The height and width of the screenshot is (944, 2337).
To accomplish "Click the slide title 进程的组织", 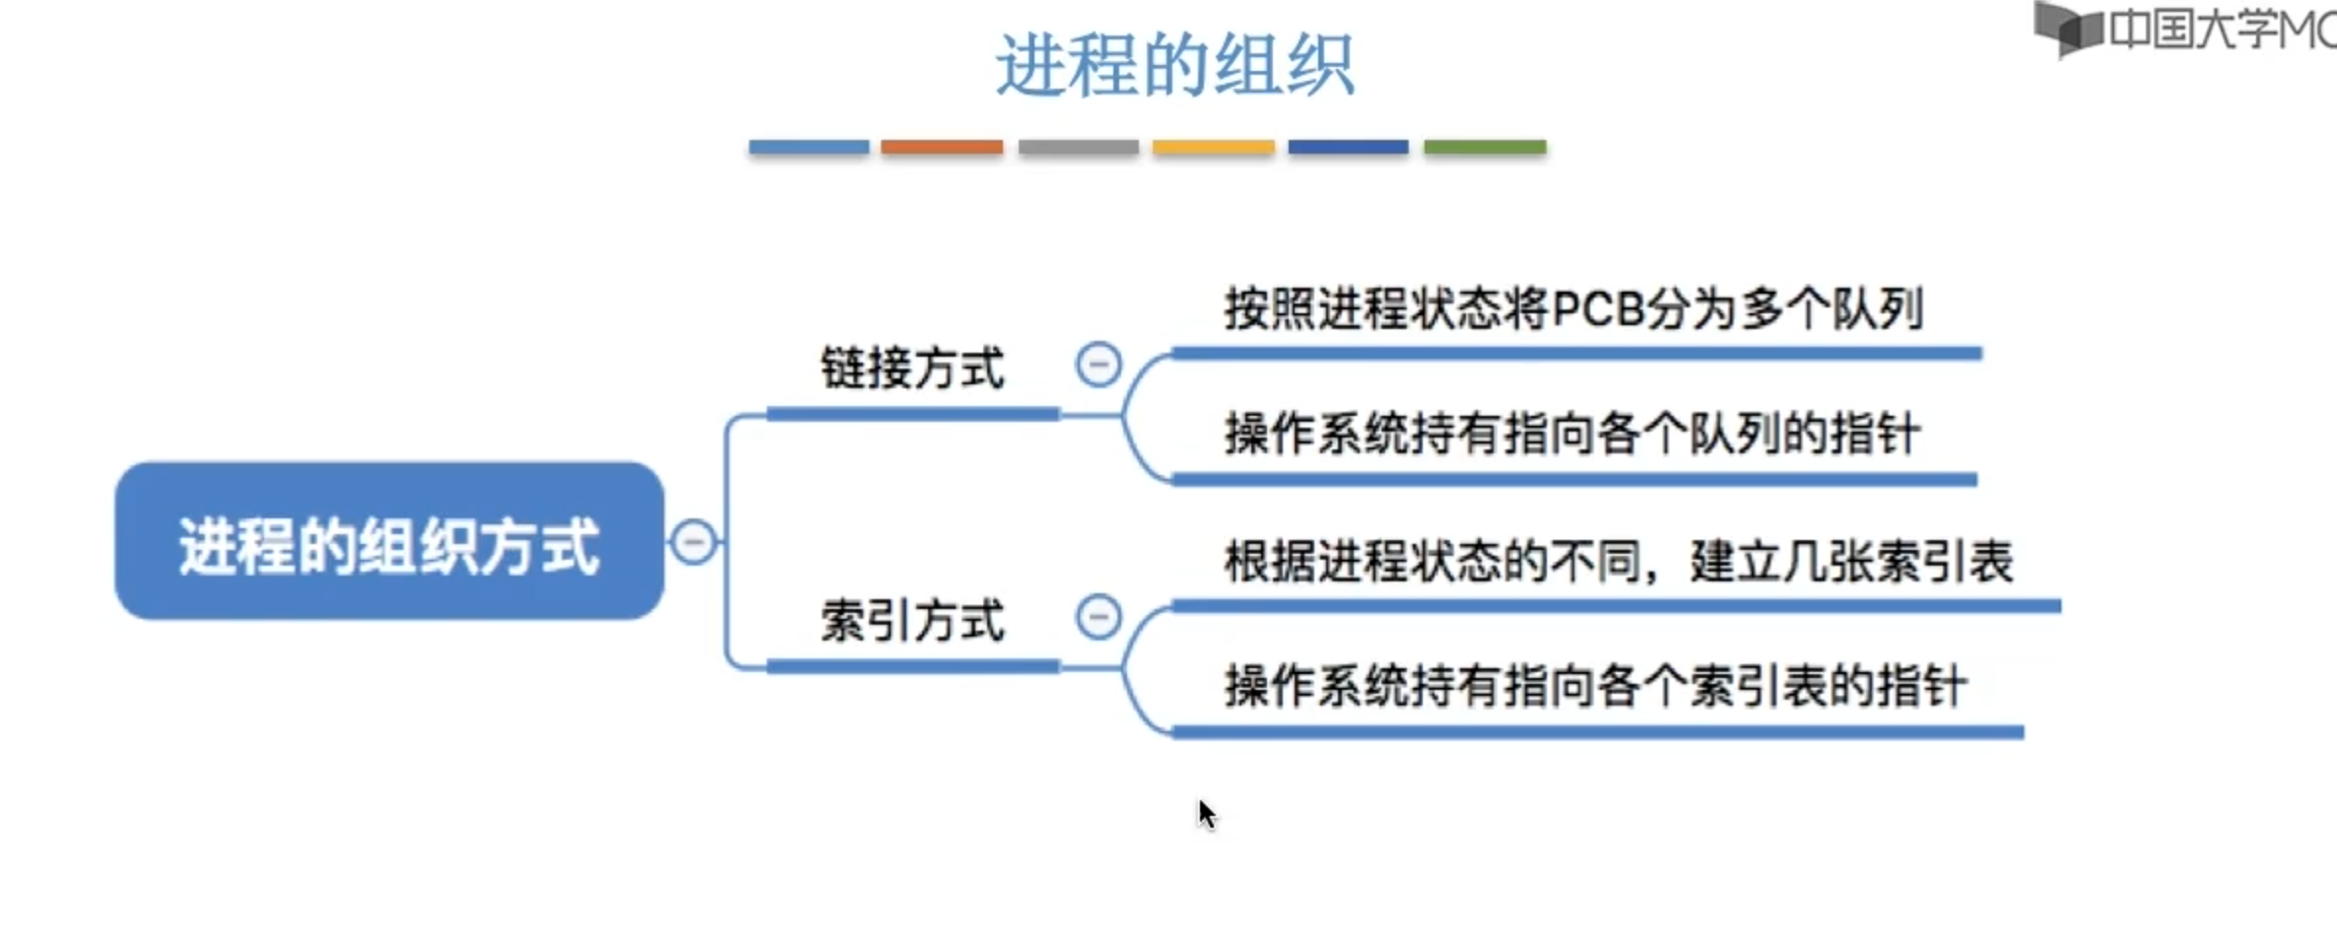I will pos(1174,65).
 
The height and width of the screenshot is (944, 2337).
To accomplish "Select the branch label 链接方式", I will pos(912,369).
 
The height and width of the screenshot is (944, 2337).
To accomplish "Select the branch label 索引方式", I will pos(912,621).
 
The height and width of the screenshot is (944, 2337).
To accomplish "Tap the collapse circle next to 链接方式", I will pos(1099,365).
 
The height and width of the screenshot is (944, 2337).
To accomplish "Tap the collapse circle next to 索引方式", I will pos(1099,618).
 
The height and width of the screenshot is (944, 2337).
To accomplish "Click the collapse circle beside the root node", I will pos(694,542).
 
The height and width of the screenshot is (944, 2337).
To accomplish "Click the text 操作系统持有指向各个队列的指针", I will pos(1572,434).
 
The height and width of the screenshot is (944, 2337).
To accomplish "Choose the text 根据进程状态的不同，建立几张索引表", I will pos(1618,562).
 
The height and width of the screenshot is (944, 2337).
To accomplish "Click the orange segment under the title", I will pos(942,148).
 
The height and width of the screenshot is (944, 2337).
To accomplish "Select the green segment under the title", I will pos(1485,148).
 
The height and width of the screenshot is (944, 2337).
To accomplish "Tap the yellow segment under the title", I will pos(1213,148).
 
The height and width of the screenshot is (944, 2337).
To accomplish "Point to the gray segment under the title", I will pos(1078,148).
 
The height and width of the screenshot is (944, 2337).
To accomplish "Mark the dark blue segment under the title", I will pos(1348,148).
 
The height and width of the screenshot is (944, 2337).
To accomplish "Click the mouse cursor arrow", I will pos(1207,814).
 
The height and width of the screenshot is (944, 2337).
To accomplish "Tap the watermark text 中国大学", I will pos(2194,30).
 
